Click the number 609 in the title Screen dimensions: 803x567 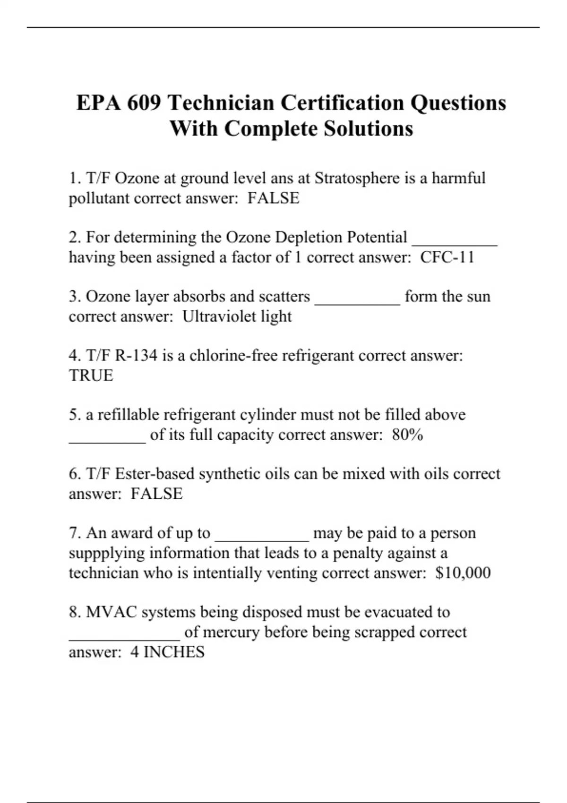coord(144,103)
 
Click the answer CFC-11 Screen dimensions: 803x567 coord(447,257)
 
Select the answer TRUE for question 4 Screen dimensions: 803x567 coord(91,376)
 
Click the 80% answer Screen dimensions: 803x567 coord(407,435)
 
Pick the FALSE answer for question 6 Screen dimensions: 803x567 coord(156,494)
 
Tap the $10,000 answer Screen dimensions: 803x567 coord(463,573)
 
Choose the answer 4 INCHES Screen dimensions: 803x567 coord(167,652)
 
